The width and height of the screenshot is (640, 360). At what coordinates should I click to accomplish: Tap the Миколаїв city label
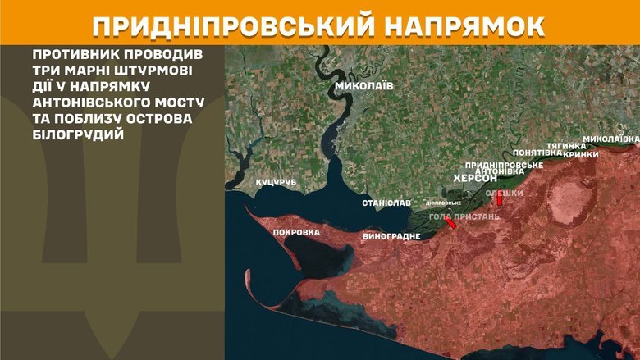(363, 85)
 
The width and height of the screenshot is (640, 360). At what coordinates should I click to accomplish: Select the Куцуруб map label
(274, 182)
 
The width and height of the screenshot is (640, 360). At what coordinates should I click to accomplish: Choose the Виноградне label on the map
(391, 236)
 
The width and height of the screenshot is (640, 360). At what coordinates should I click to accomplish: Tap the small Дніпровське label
(443, 203)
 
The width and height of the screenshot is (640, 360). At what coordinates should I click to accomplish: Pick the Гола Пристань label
(464, 216)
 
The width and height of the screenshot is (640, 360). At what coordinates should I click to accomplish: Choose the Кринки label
(581, 153)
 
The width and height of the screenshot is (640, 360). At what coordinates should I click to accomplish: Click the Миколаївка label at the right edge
(610, 138)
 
